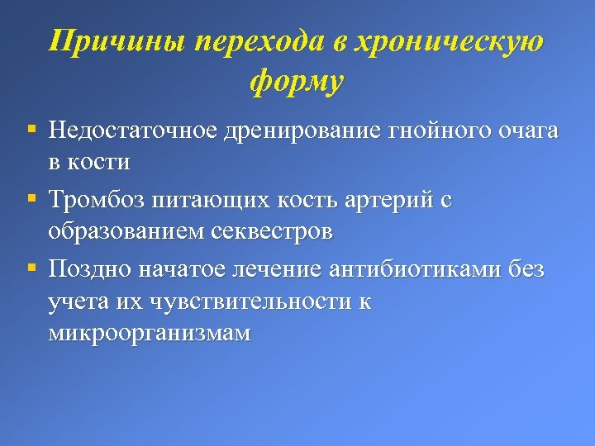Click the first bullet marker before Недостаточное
click(x=31, y=130)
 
